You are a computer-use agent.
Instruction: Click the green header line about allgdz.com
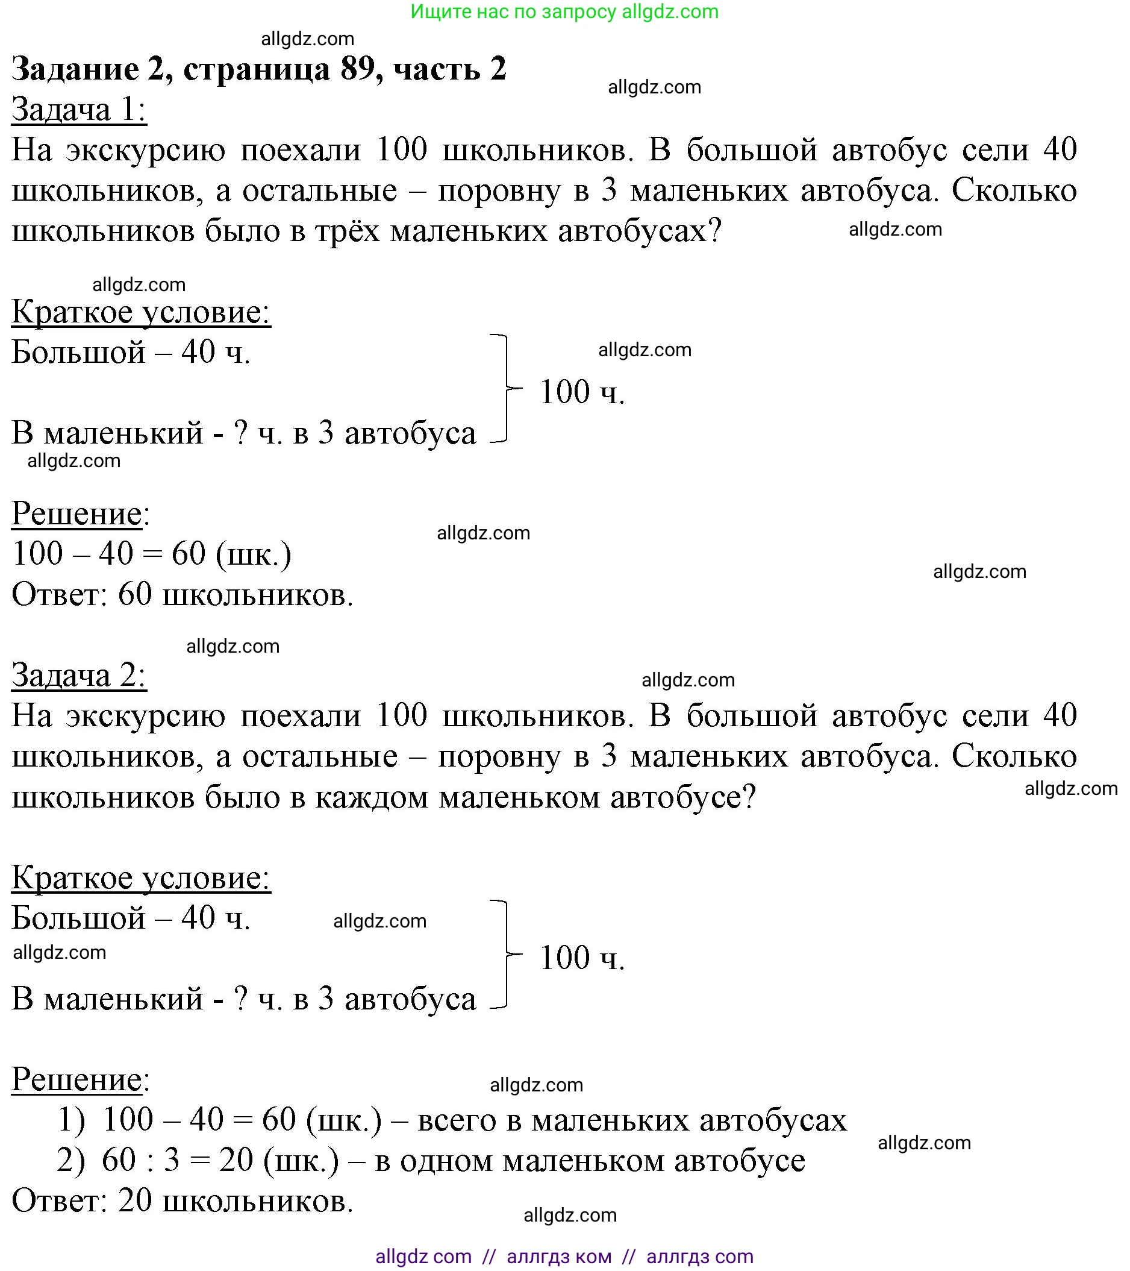coord(564,12)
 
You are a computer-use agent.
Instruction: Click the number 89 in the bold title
coord(360,68)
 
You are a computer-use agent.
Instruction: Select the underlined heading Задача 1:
coord(79,110)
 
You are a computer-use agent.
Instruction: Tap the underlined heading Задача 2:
coord(79,676)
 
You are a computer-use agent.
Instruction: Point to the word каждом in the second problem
coord(371,797)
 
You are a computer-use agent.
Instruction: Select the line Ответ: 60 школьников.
coord(183,594)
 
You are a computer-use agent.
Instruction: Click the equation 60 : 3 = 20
coord(177,1160)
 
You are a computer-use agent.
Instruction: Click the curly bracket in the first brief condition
coord(504,389)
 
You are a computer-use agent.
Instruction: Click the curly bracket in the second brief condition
coord(504,954)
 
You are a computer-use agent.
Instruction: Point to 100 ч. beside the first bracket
coord(582,392)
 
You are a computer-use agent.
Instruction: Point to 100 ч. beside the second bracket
coord(582,958)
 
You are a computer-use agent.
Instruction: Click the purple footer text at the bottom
coord(564,1257)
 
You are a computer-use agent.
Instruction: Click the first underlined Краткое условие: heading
coord(141,312)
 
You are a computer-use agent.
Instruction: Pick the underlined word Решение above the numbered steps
coord(77,1079)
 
